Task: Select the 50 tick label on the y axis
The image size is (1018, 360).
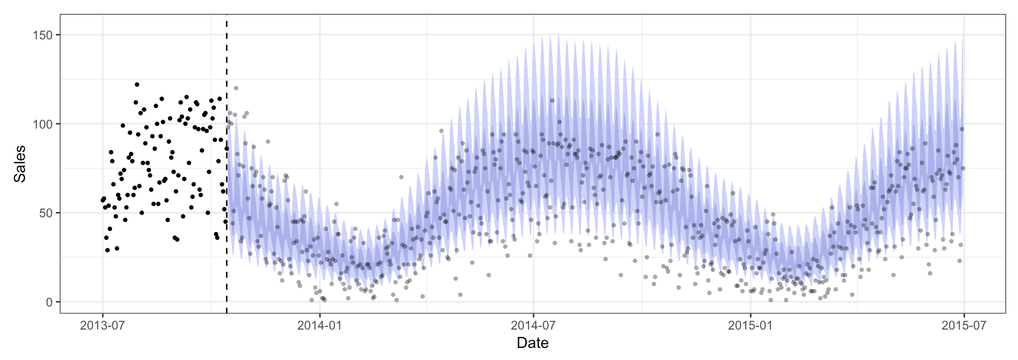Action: coord(46,213)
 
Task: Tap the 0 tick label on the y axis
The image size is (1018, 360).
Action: coord(49,302)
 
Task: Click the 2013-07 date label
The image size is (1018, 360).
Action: coord(102,325)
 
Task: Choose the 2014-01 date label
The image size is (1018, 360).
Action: coord(320,325)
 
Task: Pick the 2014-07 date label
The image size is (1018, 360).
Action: coord(533,325)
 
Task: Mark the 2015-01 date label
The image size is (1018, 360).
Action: coord(750,325)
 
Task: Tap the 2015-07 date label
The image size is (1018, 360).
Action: coord(964,325)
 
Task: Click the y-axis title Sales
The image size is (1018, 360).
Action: coord(20,164)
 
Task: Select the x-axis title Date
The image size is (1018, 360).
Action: coord(533,343)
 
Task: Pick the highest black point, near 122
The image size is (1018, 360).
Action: coord(137,84)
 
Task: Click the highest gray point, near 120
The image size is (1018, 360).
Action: coord(236,88)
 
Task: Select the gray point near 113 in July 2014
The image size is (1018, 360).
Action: coord(552,101)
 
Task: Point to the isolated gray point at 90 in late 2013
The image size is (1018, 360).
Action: coord(268,142)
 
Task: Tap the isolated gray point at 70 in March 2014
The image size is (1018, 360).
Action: coord(401,177)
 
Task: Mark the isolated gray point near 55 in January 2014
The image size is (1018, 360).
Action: coord(336,204)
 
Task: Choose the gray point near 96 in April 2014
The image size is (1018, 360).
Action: coord(441,131)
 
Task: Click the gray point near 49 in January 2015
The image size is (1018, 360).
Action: coord(772,215)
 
